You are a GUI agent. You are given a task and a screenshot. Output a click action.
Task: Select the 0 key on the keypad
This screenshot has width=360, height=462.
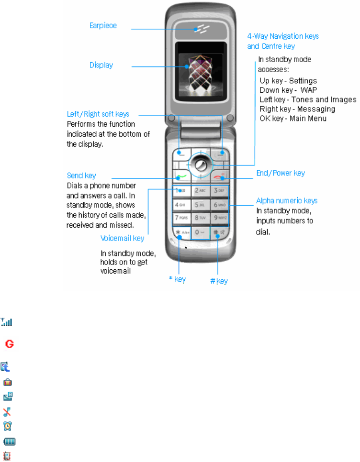coord(199,233)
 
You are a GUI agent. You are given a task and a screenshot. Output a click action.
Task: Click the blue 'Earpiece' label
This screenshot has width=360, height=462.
coord(103,25)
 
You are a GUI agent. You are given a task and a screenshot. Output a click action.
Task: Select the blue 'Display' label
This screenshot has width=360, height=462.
coord(101,65)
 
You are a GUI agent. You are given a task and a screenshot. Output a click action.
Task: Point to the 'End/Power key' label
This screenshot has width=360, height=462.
coord(281,173)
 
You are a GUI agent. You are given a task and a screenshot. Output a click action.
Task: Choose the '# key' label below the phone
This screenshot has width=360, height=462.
coord(219,281)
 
